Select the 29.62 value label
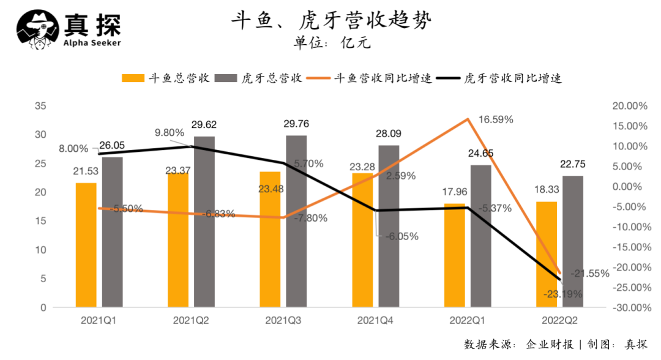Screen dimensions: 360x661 [204, 125]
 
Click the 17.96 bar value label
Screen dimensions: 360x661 [455, 192]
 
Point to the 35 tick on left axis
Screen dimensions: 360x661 [41, 106]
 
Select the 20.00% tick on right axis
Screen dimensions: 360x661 [629, 106]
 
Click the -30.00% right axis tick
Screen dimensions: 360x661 [629, 307]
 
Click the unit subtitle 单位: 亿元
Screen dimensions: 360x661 [332, 43]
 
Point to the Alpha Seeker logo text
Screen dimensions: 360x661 [92, 43]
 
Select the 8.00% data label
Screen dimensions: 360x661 [73, 148]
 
